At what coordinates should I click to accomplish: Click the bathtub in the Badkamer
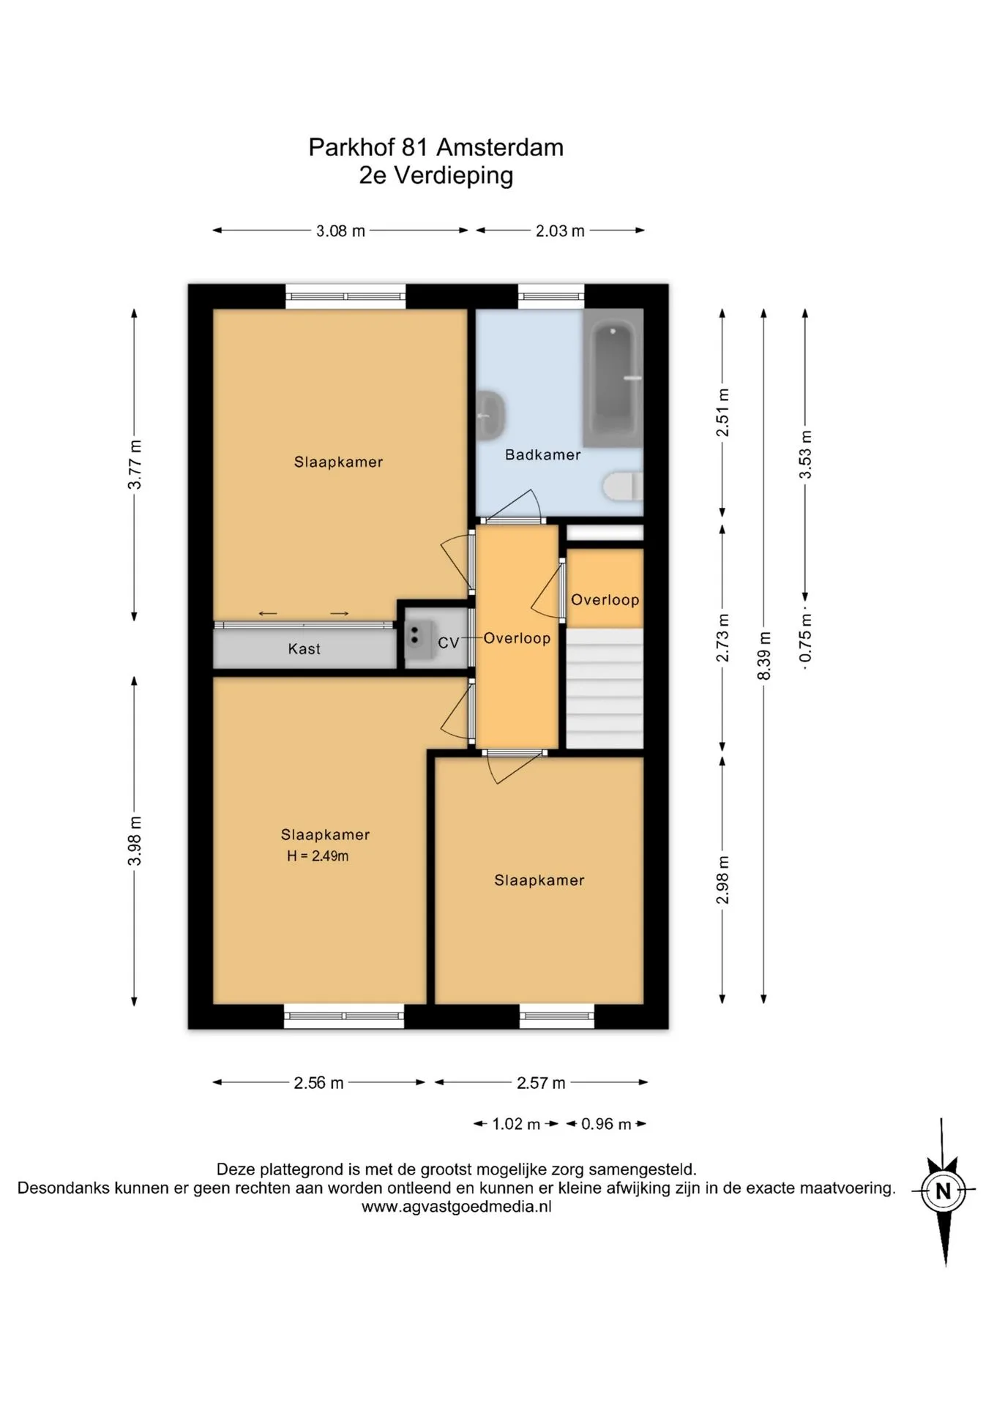[613, 378]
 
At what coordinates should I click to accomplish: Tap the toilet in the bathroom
[623, 487]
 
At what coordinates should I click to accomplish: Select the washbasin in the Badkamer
[490, 416]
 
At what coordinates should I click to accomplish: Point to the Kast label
[304, 649]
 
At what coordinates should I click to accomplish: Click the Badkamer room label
[542, 454]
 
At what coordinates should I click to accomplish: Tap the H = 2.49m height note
[318, 856]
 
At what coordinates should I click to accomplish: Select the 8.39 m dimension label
[764, 656]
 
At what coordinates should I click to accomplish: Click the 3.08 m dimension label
[340, 231]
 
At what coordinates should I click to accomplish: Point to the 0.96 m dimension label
[606, 1124]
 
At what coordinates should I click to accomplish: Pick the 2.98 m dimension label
[722, 880]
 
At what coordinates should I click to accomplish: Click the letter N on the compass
[943, 1191]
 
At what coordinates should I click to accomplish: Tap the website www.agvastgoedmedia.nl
[457, 1207]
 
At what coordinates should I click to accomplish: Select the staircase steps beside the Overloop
[605, 688]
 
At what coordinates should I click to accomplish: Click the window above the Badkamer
[551, 296]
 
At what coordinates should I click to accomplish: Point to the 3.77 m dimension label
[135, 465]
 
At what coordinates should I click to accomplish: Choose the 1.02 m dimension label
[516, 1124]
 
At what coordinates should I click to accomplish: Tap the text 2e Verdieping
[436, 176]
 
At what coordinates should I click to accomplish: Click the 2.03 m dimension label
[560, 231]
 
